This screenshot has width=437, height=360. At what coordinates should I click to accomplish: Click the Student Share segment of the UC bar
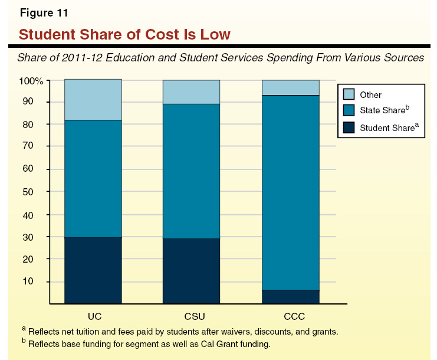pos(93,270)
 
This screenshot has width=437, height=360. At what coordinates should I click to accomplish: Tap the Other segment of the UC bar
pos(93,99)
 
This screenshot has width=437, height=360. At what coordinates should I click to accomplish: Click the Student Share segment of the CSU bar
pos(191,271)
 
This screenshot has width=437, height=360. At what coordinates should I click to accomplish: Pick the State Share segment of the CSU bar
pos(191,171)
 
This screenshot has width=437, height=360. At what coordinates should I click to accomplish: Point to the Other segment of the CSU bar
pos(191,91)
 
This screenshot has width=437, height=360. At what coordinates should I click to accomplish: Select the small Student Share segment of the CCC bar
pos(290,297)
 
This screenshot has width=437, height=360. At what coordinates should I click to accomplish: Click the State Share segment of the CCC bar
pos(290,192)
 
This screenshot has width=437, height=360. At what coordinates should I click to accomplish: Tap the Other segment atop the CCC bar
pos(290,87)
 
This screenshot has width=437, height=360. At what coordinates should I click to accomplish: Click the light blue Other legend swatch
pos(349,94)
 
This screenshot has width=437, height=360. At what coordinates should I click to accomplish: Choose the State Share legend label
pos(384,111)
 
